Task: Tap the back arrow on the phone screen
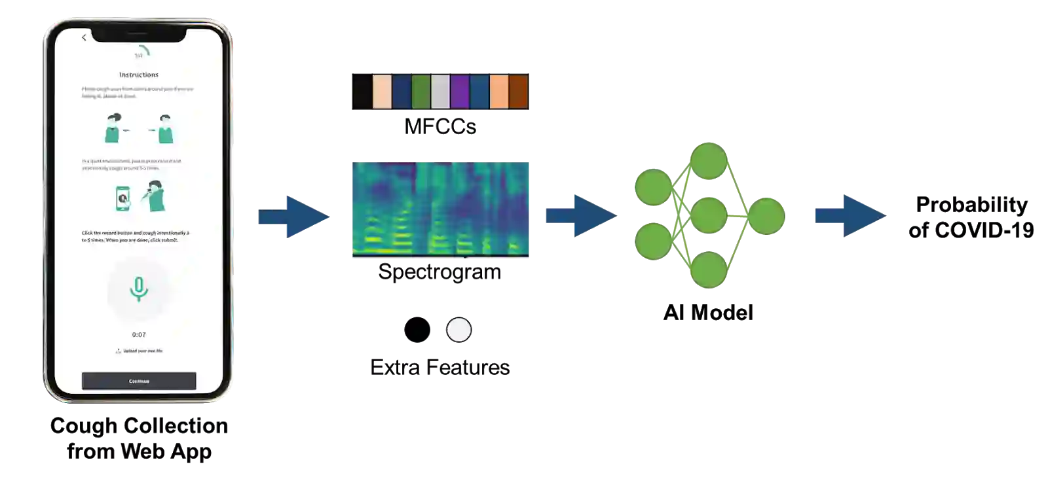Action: (84, 38)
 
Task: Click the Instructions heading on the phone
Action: (139, 75)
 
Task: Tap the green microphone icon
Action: (138, 288)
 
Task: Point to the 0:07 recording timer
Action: (139, 334)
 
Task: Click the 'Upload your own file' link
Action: (139, 351)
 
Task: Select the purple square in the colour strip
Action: (460, 92)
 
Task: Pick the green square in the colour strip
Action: (421, 92)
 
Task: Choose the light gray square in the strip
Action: (441, 92)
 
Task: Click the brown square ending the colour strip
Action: (518, 92)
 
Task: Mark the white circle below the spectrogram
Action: (458, 330)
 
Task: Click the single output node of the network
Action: (766, 215)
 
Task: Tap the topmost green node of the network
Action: (709, 161)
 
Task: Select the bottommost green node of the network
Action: (709, 270)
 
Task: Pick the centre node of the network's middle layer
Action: (709, 215)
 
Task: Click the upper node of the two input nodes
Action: (653, 188)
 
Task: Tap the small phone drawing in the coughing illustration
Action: (122, 198)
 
